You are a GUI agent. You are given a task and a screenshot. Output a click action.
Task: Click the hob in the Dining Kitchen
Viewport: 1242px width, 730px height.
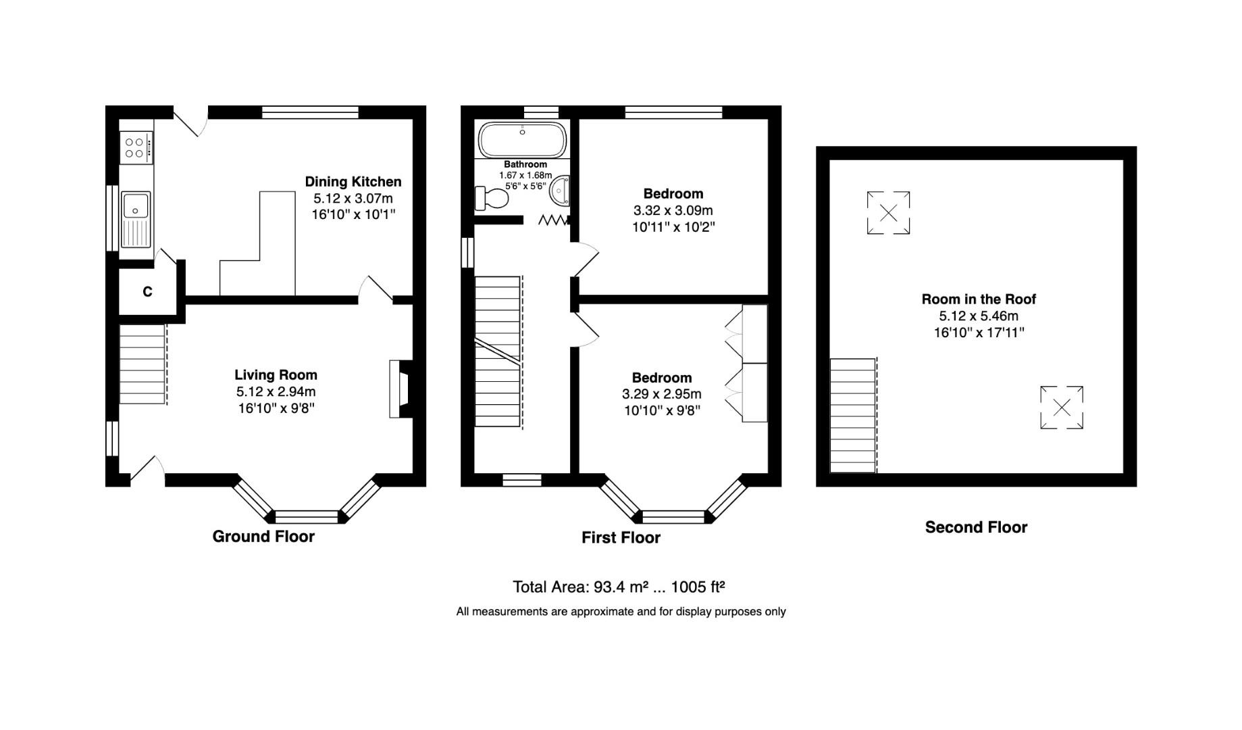[x=135, y=148]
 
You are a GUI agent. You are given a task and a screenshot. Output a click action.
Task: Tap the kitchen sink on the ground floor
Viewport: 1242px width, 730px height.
[x=136, y=220]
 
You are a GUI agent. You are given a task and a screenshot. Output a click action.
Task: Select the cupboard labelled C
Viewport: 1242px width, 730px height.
[x=147, y=291]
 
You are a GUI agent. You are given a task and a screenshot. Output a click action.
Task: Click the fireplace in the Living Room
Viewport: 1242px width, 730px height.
[x=400, y=389]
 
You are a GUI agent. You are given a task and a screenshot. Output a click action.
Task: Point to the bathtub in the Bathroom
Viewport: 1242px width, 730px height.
[x=522, y=139]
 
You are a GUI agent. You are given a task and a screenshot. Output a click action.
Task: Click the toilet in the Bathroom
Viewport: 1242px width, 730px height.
[x=492, y=198]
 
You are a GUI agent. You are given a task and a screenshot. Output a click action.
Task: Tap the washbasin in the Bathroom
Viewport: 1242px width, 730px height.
[x=561, y=191]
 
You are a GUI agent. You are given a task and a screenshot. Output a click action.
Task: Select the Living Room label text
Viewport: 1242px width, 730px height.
[x=276, y=375]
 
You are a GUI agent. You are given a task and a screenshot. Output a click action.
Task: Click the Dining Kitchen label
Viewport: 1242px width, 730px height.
[x=353, y=182]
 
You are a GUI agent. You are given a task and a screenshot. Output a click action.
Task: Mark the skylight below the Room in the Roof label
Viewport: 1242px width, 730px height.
[x=1061, y=408]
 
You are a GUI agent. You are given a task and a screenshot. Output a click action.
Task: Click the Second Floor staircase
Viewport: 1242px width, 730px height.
[x=852, y=416]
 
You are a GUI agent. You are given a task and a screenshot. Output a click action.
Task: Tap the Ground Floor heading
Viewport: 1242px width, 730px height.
[x=263, y=537]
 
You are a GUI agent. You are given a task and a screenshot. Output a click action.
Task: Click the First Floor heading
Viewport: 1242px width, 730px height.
[x=621, y=538]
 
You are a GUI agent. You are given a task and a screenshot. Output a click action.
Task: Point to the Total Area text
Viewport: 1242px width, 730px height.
[x=619, y=587]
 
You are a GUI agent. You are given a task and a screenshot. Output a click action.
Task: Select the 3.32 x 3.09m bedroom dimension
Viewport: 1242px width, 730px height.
[x=673, y=211]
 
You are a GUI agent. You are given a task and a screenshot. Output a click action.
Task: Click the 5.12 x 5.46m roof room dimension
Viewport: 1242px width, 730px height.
[x=978, y=316]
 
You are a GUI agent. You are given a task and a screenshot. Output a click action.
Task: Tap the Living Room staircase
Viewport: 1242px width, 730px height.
[x=143, y=365]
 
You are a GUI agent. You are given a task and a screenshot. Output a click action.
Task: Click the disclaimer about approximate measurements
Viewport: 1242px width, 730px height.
[x=621, y=612]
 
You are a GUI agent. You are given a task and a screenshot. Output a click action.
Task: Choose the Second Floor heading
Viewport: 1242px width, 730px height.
[x=975, y=528]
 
